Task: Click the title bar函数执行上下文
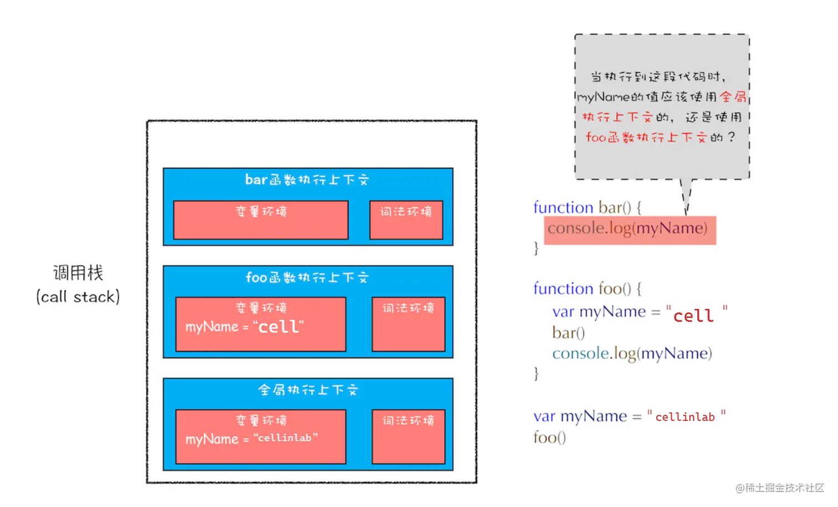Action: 307,180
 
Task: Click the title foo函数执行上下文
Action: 307,278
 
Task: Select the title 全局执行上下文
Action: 308,390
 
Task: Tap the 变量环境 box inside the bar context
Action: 260,220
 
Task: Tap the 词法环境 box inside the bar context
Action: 406,220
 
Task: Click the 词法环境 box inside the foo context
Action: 408,324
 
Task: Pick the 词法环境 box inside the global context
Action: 408,437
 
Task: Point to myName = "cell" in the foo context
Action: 244,327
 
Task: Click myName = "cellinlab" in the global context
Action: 252,438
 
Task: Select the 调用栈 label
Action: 78,273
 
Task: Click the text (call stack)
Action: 78,297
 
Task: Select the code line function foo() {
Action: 587,289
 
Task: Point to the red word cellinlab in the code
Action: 685,417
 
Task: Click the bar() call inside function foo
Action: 568,333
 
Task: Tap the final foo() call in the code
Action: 550,437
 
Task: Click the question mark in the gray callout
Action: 732,137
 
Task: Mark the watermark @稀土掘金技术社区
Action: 780,488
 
